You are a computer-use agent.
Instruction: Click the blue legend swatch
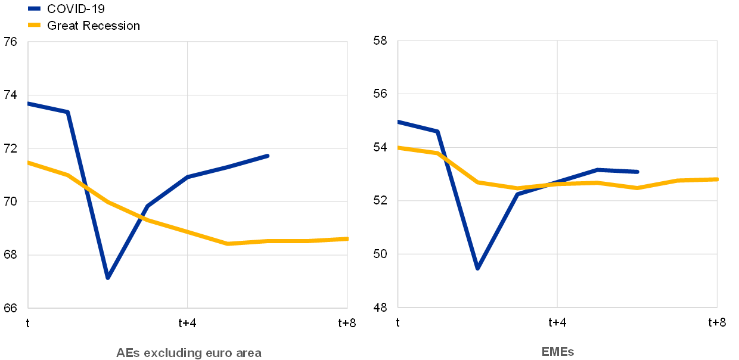[34, 8]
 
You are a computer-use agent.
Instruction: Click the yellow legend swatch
[34, 25]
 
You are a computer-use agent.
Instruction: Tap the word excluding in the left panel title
[172, 352]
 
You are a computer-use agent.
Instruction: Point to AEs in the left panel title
[128, 352]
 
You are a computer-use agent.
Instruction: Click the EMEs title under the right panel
[558, 352]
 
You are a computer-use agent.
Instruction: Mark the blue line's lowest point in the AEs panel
[108, 278]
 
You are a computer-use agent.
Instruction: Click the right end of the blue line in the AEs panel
[268, 156]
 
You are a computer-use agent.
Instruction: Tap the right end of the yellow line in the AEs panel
[347, 238]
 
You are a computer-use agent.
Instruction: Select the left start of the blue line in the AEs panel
[29, 103]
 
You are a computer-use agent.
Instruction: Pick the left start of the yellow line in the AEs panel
[29, 162]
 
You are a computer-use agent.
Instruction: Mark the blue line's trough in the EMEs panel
[478, 268]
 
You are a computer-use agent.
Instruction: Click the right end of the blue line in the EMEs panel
[638, 172]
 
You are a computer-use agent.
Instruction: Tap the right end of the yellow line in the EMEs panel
[716, 179]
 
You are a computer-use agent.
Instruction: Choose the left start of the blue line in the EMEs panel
[398, 122]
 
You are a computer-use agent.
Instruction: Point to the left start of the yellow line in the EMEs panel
[398, 147]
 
